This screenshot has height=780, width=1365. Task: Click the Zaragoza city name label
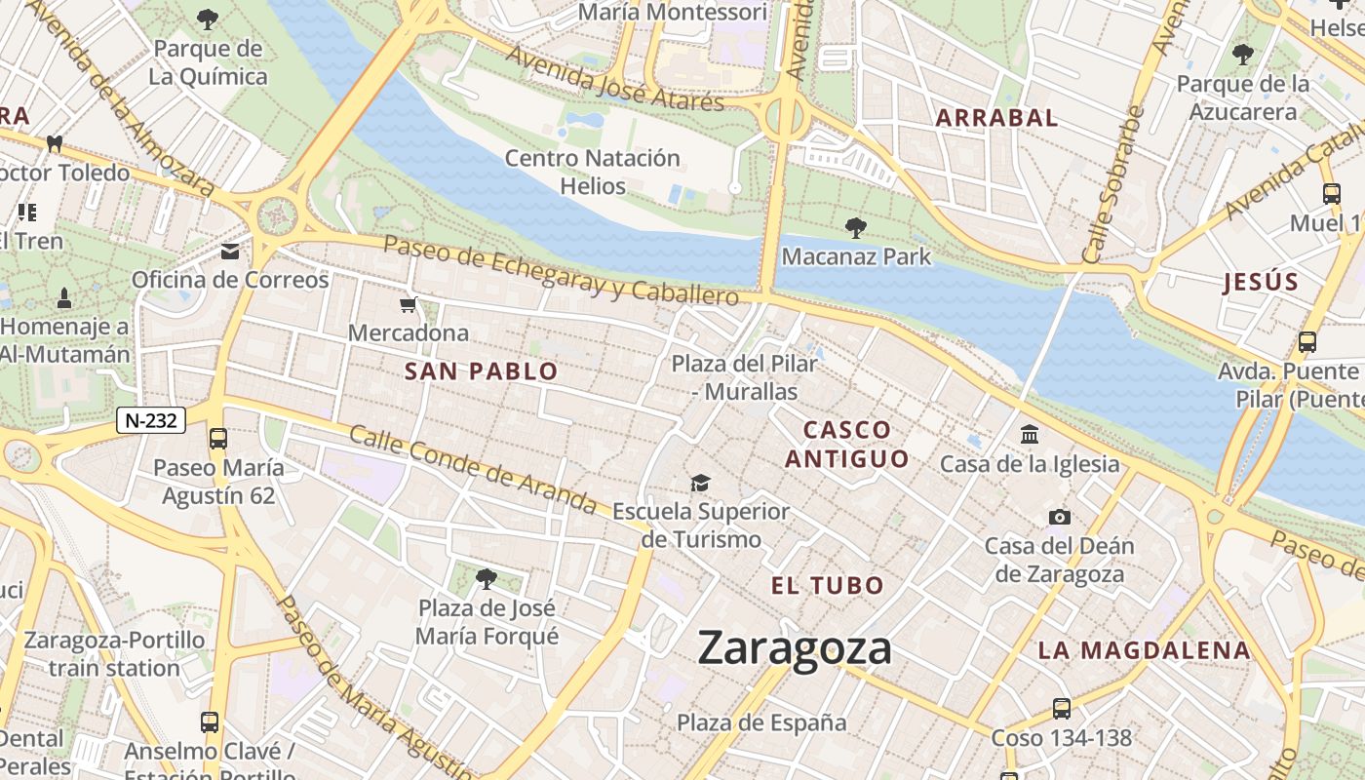click(795, 648)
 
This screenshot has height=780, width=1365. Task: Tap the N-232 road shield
click(151, 420)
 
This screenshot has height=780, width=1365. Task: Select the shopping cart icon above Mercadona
click(409, 305)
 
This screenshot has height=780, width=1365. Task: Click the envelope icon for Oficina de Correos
click(230, 252)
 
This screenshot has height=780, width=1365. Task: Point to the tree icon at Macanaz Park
click(856, 228)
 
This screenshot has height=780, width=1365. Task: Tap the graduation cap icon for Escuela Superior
click(700, 483)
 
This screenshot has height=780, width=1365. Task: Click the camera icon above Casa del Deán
click(1059, 517)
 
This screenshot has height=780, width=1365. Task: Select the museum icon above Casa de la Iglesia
click(1030, 435)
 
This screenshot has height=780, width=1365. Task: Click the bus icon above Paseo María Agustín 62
click(218, 439)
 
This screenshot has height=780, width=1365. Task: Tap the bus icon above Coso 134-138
click(1061, 709)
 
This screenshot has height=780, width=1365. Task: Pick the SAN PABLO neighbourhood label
click(481, 371)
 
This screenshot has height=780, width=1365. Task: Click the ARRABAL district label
click(996, 118)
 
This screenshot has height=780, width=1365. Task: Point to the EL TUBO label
click(827, 586)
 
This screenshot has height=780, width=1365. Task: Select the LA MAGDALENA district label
click(1143, 650)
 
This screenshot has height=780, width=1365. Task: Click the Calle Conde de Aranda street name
click(472, 470)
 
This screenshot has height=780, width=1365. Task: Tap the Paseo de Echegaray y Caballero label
click(561, 270)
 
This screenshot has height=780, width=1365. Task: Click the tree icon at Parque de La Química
click(208, 19)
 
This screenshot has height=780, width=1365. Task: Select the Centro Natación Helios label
click(592, 172)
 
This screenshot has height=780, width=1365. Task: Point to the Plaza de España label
click(761, 722)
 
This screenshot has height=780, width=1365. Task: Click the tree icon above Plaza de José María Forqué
click(486, 579)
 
